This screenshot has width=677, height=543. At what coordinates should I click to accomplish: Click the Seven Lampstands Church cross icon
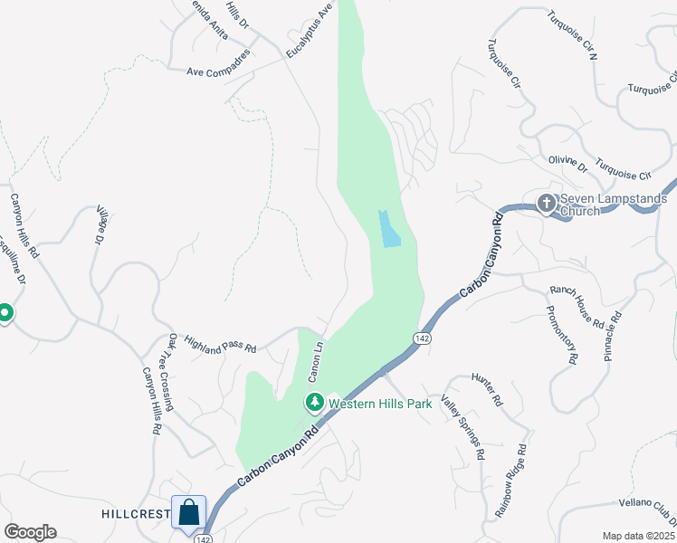(547, 203)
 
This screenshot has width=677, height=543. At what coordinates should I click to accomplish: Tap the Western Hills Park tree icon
(315, 402)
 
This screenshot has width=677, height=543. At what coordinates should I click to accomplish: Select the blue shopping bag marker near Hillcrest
(189, 512)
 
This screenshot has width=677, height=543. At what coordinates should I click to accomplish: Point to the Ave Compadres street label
(218, 71)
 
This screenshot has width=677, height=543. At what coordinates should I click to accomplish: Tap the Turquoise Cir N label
(574, 35)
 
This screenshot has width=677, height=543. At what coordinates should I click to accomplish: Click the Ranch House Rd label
(577, 305)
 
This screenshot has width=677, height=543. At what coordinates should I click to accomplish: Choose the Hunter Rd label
(486, 386)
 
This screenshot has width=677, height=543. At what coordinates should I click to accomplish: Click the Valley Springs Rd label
(463, 425)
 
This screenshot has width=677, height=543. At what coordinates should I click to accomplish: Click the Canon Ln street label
(315, 359)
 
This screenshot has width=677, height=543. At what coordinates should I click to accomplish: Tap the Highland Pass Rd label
(221, 343)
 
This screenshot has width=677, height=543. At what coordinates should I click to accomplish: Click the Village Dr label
(99, 225)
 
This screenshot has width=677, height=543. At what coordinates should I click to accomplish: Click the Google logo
(30, 532)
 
